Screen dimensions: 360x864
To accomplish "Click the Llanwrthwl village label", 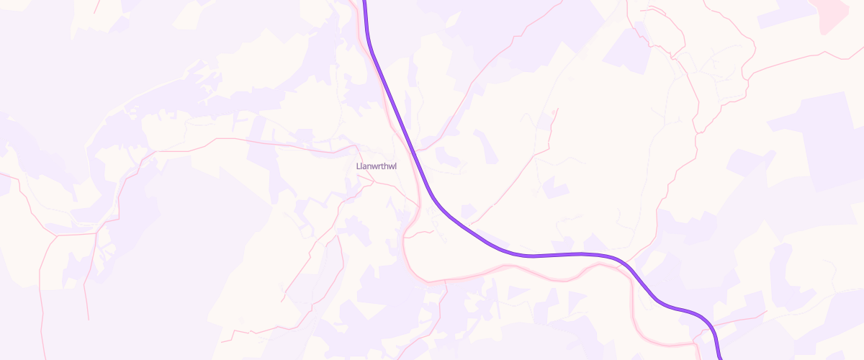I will click(x=377, y=167).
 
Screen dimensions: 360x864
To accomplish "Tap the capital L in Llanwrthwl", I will click(x=359, y=167).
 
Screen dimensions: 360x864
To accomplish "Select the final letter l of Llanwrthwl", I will click(x=396, y=167).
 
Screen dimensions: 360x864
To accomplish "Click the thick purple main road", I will click(x=547, y=255).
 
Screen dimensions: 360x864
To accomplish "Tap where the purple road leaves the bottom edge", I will click(x=720, y=357).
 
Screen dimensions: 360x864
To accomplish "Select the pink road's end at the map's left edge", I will click(x=2, y=174).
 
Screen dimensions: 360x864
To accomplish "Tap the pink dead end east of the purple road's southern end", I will click(x=768, y=312).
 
